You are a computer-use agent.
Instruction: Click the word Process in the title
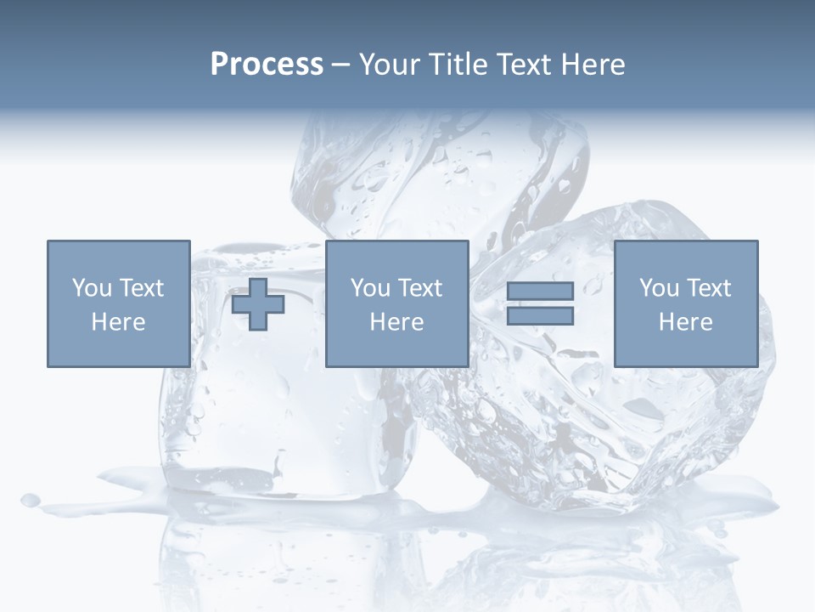(267, 65)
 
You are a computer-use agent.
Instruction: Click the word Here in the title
(596, 65)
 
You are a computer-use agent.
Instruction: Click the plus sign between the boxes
(258, 304)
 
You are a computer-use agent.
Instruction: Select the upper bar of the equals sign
(540, 291)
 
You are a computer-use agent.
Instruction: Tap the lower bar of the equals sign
(540, 316)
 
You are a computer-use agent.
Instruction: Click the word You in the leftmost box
(90, 288)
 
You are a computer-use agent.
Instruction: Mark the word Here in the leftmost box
(118, 322)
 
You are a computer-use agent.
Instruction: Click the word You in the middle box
(369, 288)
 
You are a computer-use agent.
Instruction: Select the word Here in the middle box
(396, 322)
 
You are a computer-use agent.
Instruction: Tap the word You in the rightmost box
(658, 288)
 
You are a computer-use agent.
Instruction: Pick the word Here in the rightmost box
(685, 322)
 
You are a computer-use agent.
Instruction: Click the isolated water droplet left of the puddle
(31, 500)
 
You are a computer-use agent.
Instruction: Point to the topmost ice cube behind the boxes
(441, 170)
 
